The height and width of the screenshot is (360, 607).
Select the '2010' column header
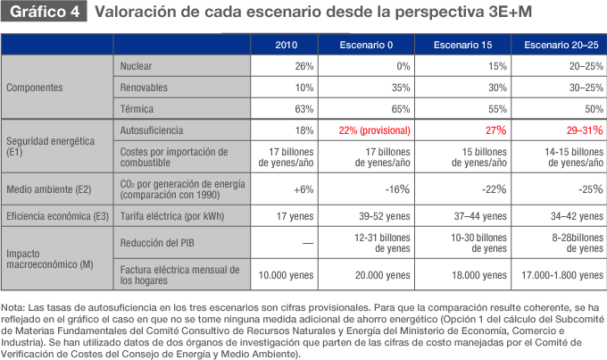[287, 45]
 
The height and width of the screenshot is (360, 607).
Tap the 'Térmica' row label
[136, 109]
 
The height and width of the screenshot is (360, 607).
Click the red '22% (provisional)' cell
[375, 130]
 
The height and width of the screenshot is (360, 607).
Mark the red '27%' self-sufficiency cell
[495, 130]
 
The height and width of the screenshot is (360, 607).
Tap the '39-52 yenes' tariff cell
[381, 216]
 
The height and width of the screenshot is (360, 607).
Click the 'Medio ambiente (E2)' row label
[46, 189]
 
